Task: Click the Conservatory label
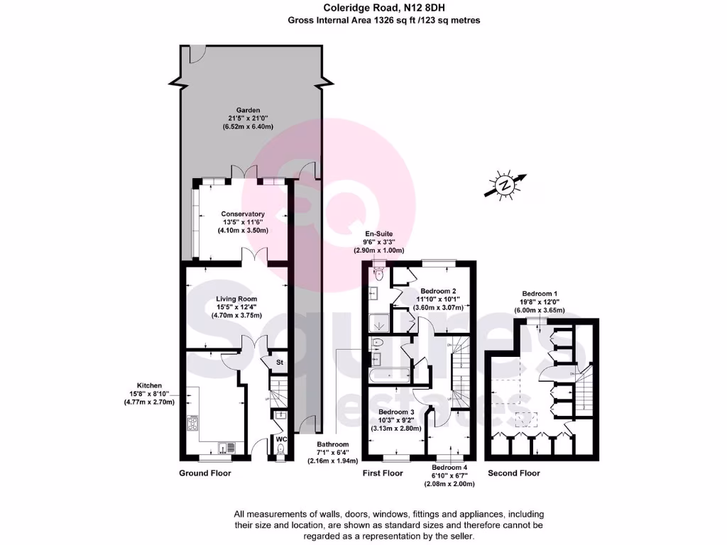click(x=243, y=214)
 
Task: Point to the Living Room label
click(x=236, y=299)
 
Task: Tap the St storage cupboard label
click(x=280, y=363)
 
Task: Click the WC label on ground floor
click(x=280, y=439)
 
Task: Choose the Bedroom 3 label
click(x=396, y=412)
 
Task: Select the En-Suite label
click(x=378, y=233)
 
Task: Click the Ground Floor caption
click(x=204, y=473)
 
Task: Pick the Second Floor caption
click(x=513, y=473)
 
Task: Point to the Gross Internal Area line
click(x=384, y=21)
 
